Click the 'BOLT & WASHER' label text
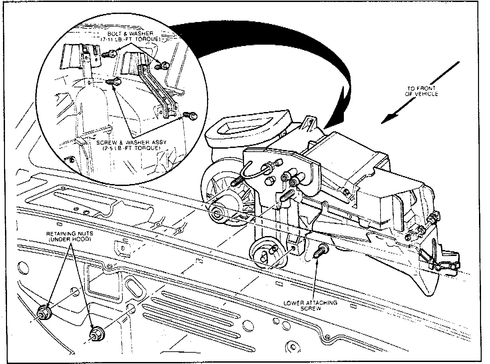(130, 34)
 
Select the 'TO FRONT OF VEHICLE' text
(422, 91)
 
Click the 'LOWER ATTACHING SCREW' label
(310, 305)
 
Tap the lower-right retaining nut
(97, 334)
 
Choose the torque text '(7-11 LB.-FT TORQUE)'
(130, 39)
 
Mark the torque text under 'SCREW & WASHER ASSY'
(131, 148)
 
